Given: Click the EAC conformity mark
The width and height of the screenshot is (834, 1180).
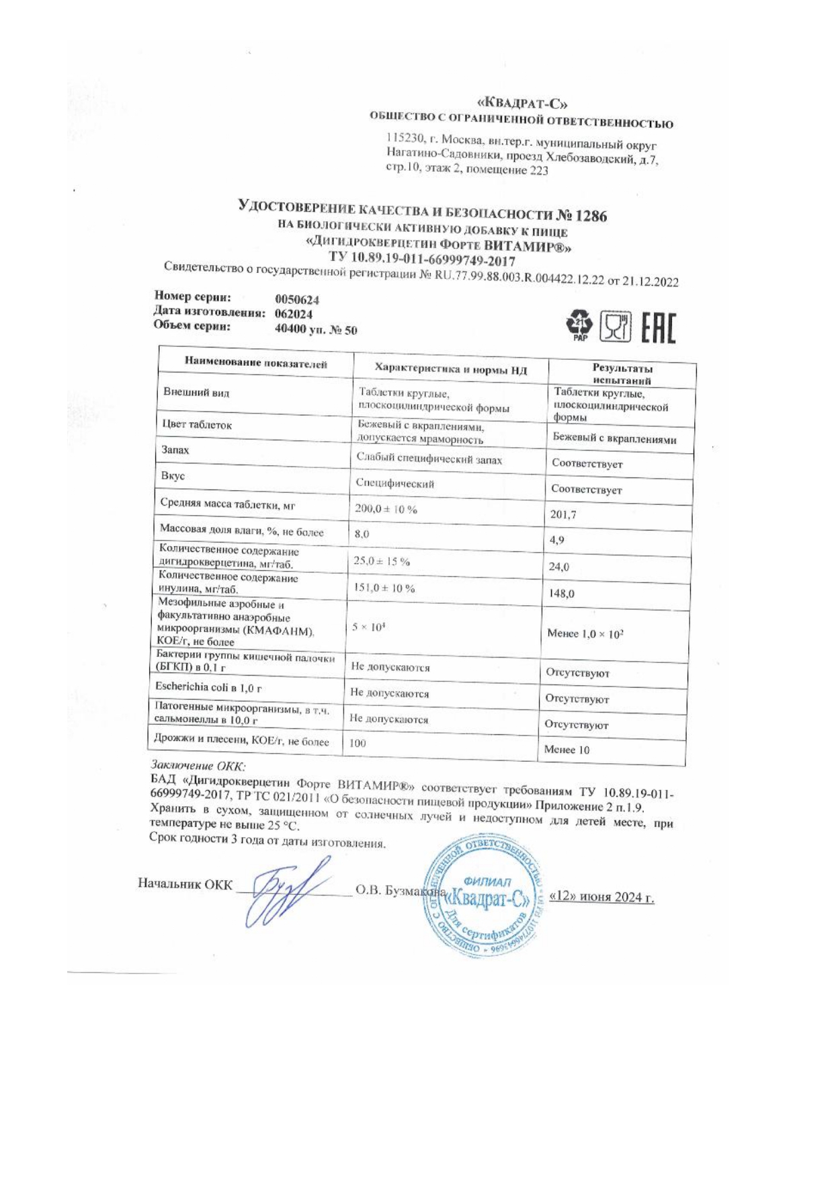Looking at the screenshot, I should tap(659, 328).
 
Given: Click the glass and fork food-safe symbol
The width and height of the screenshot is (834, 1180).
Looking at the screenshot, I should tap(616, 327).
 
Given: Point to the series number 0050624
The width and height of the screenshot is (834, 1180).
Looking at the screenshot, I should tap(297, 300).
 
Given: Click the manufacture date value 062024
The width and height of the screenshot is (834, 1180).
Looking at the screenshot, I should tap(294, 314).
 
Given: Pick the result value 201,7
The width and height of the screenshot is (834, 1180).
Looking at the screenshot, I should tap(562, 515).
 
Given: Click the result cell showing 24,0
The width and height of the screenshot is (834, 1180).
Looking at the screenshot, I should tap(558, 567).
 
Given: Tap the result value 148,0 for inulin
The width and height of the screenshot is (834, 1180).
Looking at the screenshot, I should tap(561, 594).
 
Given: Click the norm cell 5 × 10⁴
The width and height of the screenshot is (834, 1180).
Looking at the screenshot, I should tap(368, 627).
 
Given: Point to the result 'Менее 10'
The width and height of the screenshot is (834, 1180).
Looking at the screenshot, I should tap(566, 750).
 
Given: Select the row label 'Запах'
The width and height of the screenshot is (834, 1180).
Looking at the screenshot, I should tap(175, 450).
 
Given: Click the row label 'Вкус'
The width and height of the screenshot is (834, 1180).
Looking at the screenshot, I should tap(173, 476).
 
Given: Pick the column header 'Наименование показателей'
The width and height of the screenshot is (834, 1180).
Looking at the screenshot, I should tap(256, 364).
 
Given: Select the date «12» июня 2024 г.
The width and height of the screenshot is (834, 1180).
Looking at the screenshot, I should tap(601, 897).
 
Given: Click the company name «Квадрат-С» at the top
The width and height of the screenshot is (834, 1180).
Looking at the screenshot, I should tap(522, 104).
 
